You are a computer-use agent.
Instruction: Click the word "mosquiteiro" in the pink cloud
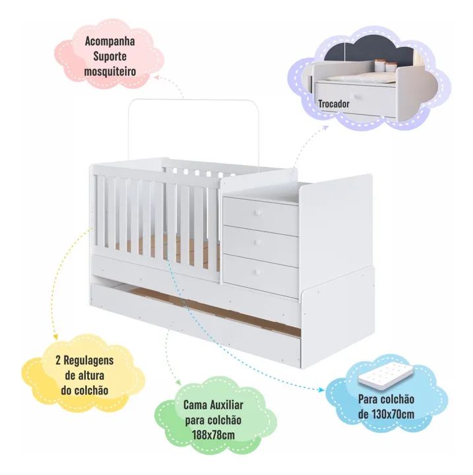point(110,72)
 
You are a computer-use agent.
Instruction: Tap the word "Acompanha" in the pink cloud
point(110,41)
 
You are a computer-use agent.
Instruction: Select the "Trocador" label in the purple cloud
point(334,104)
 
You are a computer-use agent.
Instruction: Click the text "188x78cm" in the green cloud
point(213,435)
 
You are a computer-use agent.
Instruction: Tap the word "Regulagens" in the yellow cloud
point(88,360)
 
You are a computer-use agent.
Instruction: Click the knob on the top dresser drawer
point(258,213)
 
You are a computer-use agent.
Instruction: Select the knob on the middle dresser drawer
point(258,242)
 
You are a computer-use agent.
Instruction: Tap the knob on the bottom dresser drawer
point(258,272)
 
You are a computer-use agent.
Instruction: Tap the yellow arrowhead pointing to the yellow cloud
point(55,336)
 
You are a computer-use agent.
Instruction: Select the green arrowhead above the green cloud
point(179,383)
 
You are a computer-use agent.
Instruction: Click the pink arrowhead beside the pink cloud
point(156,77)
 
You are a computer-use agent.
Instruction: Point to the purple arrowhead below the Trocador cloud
point(326,127)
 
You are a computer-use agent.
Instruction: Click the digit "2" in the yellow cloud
point(58,360)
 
